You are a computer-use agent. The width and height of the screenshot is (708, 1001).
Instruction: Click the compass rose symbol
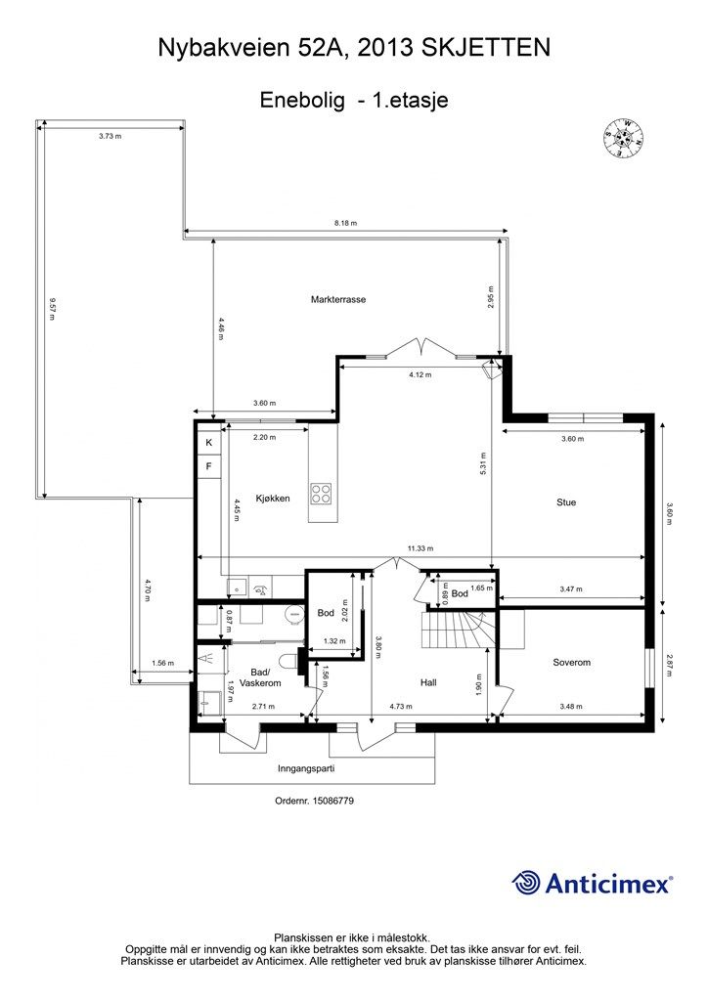(x=623, y=139)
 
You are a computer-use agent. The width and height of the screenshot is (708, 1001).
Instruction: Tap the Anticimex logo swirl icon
(x=526, y=883)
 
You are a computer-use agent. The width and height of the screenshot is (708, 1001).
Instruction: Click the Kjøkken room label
(x=273, y=498)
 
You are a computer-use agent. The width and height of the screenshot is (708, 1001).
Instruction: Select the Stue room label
(x=566, y=502)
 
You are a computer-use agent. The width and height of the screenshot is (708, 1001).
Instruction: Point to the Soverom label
(x=571, y=662)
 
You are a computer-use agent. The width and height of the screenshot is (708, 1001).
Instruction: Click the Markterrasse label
(x=338, y=299)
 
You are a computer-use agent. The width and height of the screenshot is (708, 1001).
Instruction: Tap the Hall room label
(x=428, y=682)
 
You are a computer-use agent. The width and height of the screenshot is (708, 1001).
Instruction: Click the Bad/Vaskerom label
(x=260, y=677)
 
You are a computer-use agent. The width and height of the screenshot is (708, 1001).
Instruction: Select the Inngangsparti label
(x=306, y=768)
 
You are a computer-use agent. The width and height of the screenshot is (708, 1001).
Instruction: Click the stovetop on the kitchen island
(x=321, y=493)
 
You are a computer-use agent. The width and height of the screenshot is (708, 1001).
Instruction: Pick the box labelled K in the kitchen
(x=208, y=442)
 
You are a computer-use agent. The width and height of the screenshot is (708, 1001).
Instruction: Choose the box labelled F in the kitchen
(x=208, y=466)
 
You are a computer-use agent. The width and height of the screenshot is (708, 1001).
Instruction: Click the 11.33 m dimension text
(x=420, y=548)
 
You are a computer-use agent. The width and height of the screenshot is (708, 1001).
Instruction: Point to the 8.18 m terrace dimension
(x=345, y=223)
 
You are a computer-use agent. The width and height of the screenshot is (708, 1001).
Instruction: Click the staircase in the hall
(x=458, y=630)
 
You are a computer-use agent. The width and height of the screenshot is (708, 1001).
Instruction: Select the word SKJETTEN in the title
(x=486, y=48)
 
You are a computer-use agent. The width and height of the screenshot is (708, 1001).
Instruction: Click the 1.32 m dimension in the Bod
(x=334, y=641)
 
